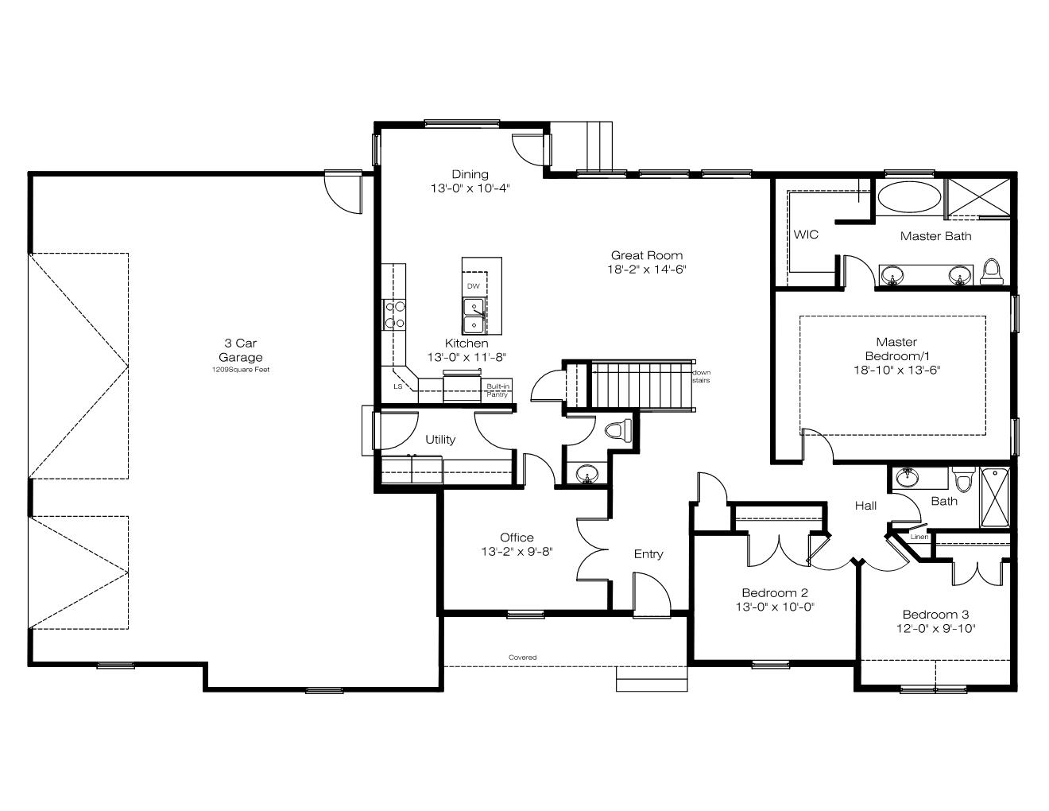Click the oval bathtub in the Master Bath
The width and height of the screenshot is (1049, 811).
908,197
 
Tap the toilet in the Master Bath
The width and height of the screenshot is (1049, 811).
992,272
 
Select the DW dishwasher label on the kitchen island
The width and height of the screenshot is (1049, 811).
473,286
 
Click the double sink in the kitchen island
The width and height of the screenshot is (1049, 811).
474,316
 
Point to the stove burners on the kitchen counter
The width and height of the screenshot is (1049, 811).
394,314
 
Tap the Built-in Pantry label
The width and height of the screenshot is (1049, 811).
497,390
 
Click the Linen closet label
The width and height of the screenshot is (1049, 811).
919,537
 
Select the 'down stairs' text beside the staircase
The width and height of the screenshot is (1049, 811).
701,376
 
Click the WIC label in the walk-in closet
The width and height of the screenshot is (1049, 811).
806,235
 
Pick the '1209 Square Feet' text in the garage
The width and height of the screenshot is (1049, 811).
241,370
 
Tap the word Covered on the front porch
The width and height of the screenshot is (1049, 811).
522,658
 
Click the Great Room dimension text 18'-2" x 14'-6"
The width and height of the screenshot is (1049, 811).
646,269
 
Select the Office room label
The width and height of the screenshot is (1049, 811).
517,537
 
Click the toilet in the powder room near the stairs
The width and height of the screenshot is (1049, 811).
618,430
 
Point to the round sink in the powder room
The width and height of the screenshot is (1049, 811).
587,474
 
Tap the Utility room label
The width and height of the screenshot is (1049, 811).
440,440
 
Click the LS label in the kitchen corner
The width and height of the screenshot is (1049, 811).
398,386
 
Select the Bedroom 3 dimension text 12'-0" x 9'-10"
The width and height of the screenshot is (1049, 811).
936,628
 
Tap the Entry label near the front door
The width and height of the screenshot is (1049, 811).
648,554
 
